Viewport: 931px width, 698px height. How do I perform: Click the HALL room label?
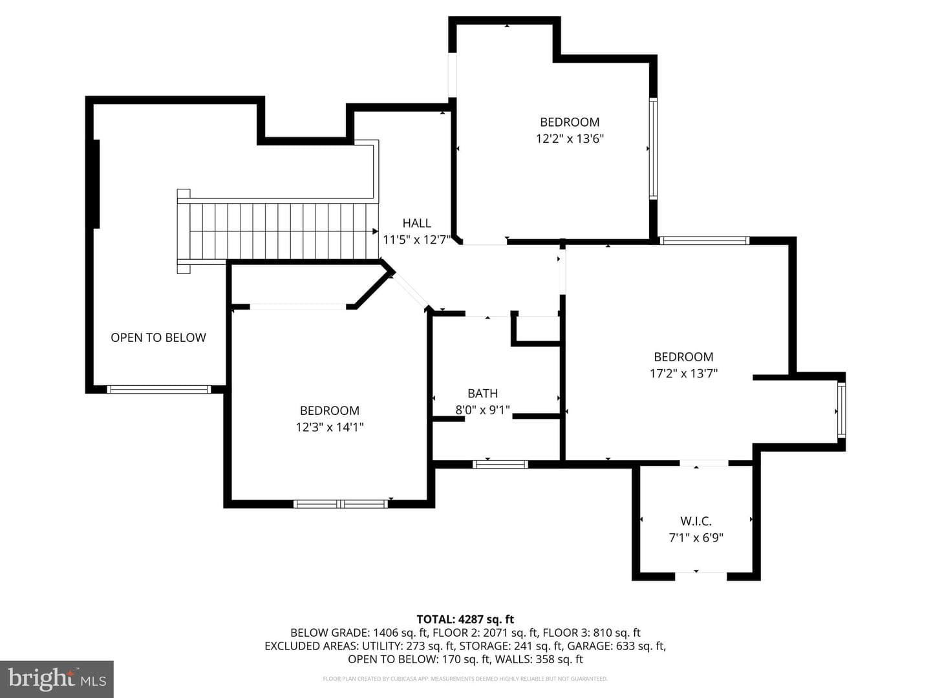point(416,223)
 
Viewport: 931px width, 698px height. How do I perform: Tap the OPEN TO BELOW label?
point(158,337)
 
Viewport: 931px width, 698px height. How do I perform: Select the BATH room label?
point(483,394)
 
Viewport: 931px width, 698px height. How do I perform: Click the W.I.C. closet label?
point(696,521)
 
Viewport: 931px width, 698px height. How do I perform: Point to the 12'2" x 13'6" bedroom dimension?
point(570,138)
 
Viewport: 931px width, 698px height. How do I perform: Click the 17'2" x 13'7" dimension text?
point(684,374)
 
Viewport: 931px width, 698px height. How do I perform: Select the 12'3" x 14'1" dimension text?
point(330,427)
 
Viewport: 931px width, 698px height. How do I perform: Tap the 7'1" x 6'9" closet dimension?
point(696,538)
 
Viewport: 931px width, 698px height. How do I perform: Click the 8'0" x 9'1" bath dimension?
point(483,410)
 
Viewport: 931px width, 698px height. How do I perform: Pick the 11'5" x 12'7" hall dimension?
point(416,240)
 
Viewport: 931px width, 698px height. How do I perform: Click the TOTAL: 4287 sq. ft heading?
point(465,619)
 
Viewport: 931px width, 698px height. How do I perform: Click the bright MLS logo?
point(57,679)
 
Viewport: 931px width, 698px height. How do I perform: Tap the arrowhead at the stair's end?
point(375,231)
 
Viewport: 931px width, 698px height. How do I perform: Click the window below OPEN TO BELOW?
point(158,390)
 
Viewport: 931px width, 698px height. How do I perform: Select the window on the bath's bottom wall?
point(500,465)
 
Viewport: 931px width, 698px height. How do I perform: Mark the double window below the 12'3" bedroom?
point(341,504)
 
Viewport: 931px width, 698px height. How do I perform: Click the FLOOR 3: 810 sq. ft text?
point(592,633)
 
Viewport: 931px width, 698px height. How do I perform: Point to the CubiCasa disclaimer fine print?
point(465,679)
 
